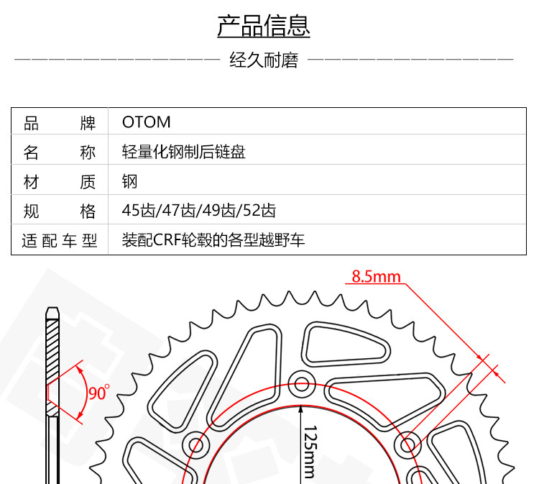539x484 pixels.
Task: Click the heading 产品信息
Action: point(264,26)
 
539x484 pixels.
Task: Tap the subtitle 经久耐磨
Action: point(264,60)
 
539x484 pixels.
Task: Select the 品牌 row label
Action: point(60,122)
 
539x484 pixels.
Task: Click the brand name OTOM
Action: point(146,122)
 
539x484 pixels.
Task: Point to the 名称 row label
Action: point(60,152)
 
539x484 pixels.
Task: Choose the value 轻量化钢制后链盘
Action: point(183,152)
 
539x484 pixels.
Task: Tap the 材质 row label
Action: point(60,181)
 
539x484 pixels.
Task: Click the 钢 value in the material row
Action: point(129,181)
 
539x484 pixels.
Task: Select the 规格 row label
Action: point(60,211)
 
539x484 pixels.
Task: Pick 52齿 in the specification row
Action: point(260,211)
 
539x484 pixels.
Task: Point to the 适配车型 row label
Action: point(60,240)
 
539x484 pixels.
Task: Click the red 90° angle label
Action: point(98,393)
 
